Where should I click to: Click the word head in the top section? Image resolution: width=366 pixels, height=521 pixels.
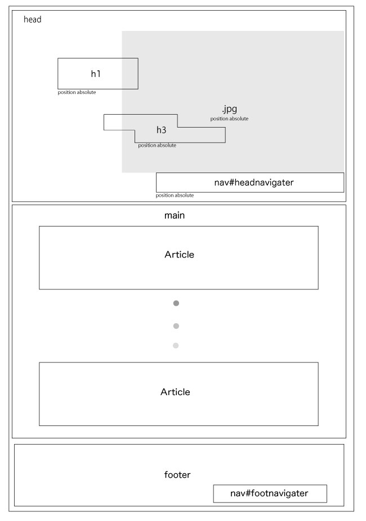pyautogui.click(x=32, y=19)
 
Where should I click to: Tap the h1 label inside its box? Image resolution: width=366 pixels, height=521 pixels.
pyautogui.click(x=96, y=74)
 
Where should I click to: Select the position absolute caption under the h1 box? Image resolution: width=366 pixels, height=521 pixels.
pyautogui.click(x=77, y=92)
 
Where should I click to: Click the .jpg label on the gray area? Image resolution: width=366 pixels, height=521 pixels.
pyautogui.click(x=230, y=109)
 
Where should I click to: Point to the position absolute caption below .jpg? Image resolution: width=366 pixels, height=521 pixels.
pyautogui.click(x=229, y=119)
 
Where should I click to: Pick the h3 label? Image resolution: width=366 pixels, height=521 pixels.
pyautogui.click(x=161, y=130)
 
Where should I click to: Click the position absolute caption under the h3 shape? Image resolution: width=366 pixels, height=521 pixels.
pyautogui.click(x=157, y=145)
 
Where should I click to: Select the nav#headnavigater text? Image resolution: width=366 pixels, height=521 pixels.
pyautogui.click(x=254, y=183)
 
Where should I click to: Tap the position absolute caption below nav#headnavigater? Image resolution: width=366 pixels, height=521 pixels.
pyautogui.click(x=175, y=196)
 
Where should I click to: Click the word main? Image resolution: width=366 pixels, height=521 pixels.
pyautogui.click(x=175, y=215)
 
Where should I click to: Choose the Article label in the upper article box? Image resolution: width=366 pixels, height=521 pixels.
pyautogui.click(x=179, y=255)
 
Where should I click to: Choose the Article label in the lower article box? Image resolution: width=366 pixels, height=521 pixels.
pyautogui.click(x=175, y=392)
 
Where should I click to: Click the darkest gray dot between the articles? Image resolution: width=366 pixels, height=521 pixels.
pyautogui.click(x=176, y=303)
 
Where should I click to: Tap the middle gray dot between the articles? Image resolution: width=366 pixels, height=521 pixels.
pyautogui.click(x=176, y=326)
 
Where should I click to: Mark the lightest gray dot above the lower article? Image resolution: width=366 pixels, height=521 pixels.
pyautogui.click(x=176, y=346)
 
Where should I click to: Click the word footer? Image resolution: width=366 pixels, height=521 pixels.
pyautogui.click(x=177, y=474)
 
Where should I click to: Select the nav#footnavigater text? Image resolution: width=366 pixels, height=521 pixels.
pyautogui.click(x=269, y=493)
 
